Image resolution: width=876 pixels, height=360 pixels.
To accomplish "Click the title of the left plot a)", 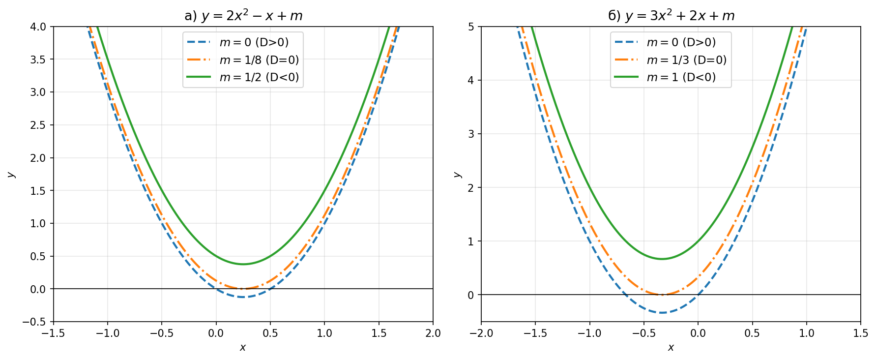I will (243, 16).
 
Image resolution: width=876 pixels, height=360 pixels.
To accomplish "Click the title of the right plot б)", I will (671, 16).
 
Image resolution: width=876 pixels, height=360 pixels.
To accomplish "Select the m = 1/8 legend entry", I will (259, 60).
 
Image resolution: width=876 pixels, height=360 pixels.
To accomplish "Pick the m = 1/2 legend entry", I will (259, 77).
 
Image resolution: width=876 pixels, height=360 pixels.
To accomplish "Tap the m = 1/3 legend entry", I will (686, 60).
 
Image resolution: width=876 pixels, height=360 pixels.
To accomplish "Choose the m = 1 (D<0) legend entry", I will (681, 77).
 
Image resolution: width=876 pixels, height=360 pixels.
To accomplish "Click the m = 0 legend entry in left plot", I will (254, 42).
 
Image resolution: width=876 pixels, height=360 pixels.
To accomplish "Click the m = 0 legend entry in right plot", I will (681, 42).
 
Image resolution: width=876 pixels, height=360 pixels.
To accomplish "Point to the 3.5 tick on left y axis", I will (38, 60).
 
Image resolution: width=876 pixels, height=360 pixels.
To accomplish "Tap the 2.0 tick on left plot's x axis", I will (433, 333).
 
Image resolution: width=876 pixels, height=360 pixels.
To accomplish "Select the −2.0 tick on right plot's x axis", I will (481, 333).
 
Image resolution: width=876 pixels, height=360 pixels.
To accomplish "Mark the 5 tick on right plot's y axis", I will (471, 27).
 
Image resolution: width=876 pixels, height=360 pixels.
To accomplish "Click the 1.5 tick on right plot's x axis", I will (861, 333).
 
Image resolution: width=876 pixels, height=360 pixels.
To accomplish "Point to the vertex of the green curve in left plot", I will (243, 264).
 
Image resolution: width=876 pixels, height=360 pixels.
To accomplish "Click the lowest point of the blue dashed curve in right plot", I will (662, 312).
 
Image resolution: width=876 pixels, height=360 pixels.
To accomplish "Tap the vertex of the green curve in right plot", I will (662, 259).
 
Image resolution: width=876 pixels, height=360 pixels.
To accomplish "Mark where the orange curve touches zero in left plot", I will (243, 289).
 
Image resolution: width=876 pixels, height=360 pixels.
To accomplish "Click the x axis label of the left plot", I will (243, 348).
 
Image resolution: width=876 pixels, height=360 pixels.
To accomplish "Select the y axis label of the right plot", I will (457, 175).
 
